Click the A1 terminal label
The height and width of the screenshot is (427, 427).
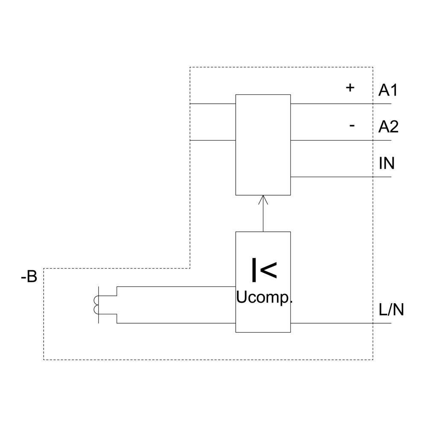pos(388,90)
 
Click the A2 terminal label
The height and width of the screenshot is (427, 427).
pos(388,127)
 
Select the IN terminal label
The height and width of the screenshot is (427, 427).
pos(386,163)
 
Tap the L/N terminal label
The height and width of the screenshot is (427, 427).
pos(391,310)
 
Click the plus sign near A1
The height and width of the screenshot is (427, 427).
pos(350,88)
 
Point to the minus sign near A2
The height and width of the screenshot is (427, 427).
pos(352,126)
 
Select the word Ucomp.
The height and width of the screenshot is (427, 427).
pos(264,298)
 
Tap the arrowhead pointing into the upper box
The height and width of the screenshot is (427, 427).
pos(263,199)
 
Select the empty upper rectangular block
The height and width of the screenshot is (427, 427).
pos(263,145)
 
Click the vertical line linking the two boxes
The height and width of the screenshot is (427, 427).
pos(263,218)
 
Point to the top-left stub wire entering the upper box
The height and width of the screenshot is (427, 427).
pos(213,104)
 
